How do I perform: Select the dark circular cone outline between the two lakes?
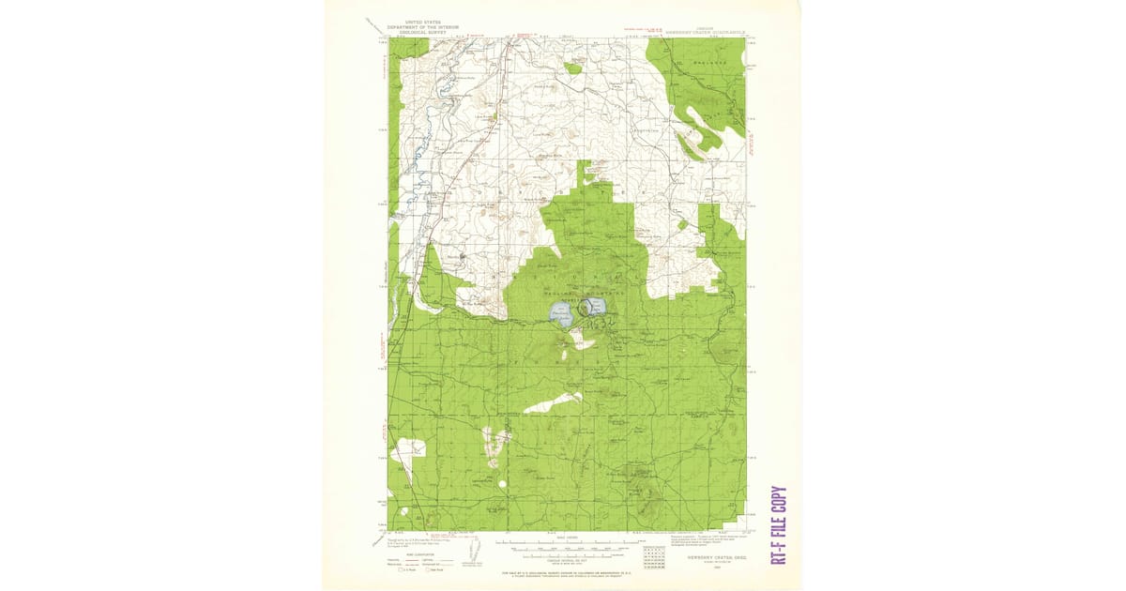[586, 307]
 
